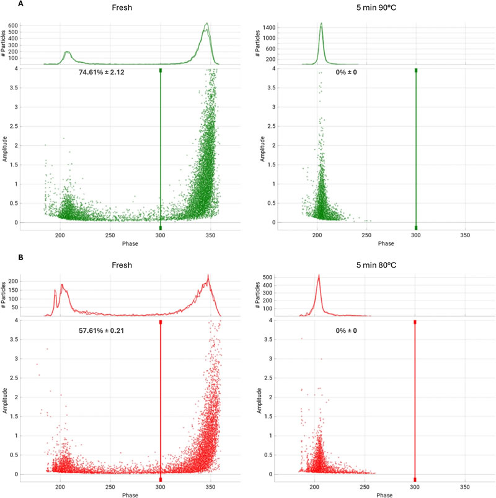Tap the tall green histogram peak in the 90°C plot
coord(321,25)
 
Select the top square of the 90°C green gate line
coord(415,70)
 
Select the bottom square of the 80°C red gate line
coord(415,479)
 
